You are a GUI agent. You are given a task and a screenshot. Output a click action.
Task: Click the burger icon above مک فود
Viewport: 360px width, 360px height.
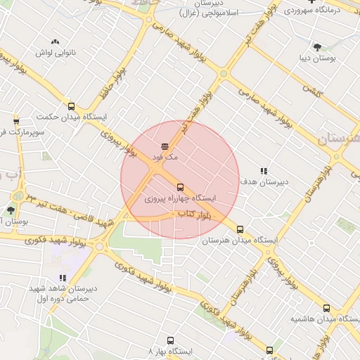coord(165,146)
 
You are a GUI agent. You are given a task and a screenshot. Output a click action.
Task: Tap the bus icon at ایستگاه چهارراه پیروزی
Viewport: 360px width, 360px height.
coord(180,187)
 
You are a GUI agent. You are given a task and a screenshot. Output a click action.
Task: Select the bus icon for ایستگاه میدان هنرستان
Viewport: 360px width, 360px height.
coord(240,229)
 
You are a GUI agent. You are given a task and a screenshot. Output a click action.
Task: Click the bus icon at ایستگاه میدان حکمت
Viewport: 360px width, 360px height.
coord(71,106)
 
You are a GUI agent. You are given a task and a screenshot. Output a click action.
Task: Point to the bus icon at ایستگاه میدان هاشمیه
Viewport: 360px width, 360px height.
coord(326,308)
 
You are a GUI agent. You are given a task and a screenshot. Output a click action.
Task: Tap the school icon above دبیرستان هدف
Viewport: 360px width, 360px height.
coord(264,171)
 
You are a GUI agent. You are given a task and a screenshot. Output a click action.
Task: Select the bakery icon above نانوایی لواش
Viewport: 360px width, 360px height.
coord(56,41)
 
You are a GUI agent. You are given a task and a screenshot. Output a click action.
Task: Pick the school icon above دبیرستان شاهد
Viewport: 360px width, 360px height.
coord(63,278)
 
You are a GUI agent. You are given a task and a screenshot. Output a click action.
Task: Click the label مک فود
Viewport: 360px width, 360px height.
coord(165,157)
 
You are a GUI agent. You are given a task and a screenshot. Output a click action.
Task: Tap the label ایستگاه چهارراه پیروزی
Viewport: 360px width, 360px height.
coord(180,199)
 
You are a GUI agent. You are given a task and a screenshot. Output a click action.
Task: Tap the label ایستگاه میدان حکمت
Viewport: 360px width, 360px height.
coord(65,117)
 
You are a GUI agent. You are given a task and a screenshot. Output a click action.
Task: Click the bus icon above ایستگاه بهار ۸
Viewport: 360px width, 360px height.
coord(169,339)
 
